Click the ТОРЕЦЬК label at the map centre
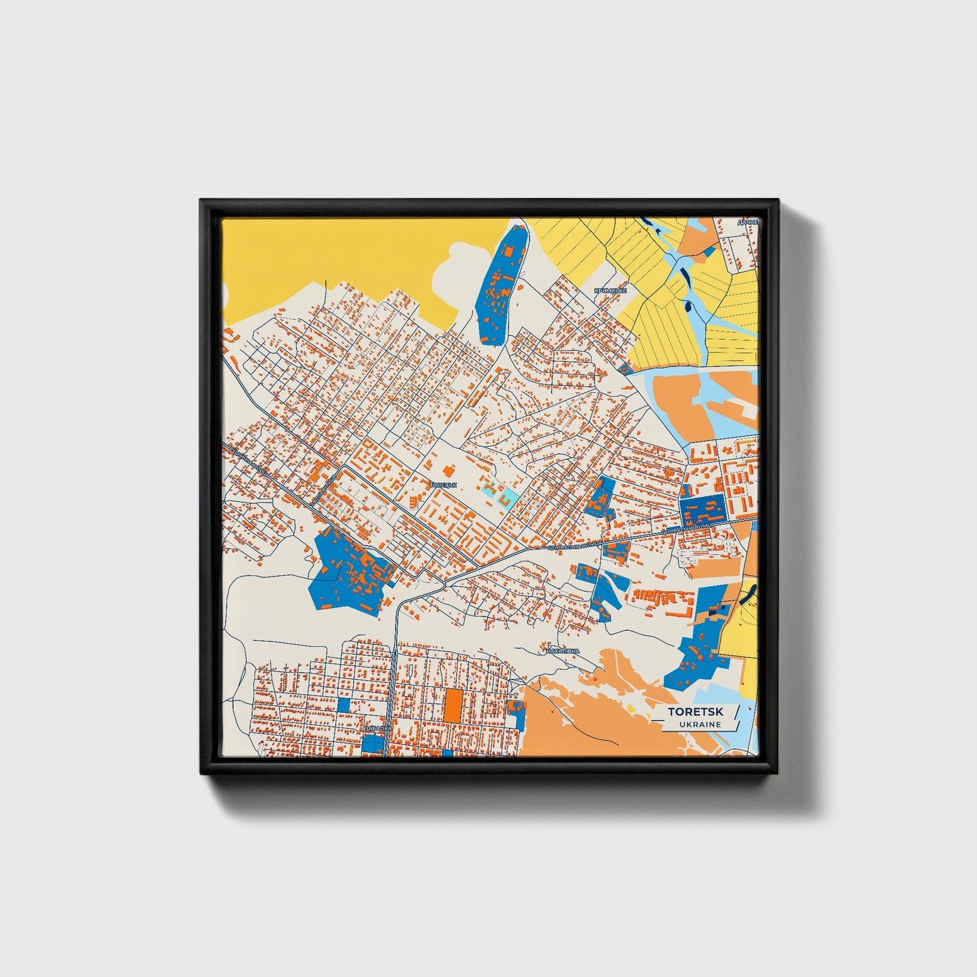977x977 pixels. pos(444,485)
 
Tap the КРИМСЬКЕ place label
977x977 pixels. pos(610,291)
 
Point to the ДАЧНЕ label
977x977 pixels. pos(748,222)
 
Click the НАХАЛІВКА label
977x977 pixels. pos(563,651)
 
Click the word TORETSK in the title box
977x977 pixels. pos(695,711)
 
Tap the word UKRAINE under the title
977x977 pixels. pos(700,724)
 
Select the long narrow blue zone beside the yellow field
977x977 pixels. pos(501,285)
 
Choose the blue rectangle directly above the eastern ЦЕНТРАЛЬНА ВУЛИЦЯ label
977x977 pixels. pos(702,509)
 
